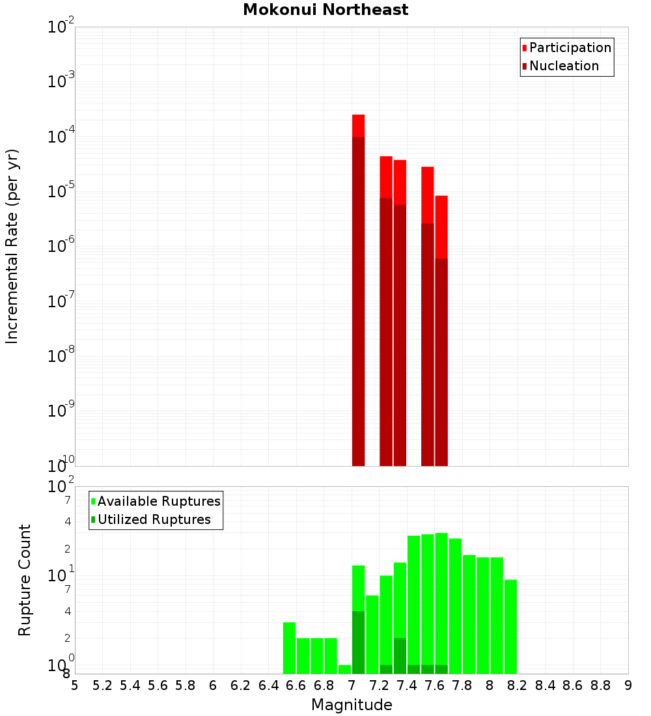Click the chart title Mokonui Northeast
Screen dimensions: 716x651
coord(325,10)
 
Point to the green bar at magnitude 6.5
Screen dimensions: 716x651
coord(289,648)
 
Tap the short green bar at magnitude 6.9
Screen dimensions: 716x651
coord(344,669)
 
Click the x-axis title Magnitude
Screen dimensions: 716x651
coord(352,705)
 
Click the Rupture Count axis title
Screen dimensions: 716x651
coord(25,580)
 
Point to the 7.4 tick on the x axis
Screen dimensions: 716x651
coord(407,685)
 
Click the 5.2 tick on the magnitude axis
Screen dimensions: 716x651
coord(102,685)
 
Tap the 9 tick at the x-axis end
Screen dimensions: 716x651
coord(628,685)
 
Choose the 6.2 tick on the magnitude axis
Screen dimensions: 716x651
coord(241,685)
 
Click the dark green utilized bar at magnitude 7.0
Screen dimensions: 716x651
coord(358,642)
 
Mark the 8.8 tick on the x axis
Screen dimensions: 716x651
coord(600,685)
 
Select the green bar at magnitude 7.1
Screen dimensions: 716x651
coord(372,634)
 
